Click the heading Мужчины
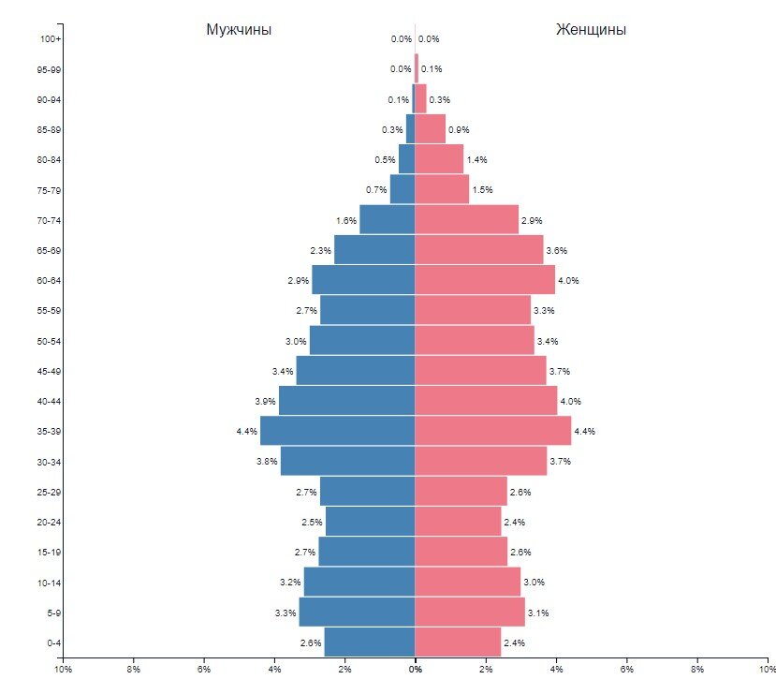tap(239, 30)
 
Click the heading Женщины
tap(591, 30)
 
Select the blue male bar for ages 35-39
tap(337, 431)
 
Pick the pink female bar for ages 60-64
tap(485, 280)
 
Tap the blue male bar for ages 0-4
tap(369, 642)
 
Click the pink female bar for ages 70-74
tap(466, 220)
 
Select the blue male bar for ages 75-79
tap(403, 190)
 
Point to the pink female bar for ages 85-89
tap(430, 129)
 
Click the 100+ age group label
tap(50, 39)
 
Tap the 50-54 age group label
tap(49, 341)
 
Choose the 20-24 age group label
tap(49, 522)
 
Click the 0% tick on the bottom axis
tap(415, 670)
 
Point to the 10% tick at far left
tap(63, 670)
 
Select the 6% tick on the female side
tap(626, 670)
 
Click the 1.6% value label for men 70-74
tap(345, 221)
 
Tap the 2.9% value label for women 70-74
tap(532, 221)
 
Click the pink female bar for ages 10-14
tap(467, 582)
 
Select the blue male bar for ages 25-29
tap(367, 492)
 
